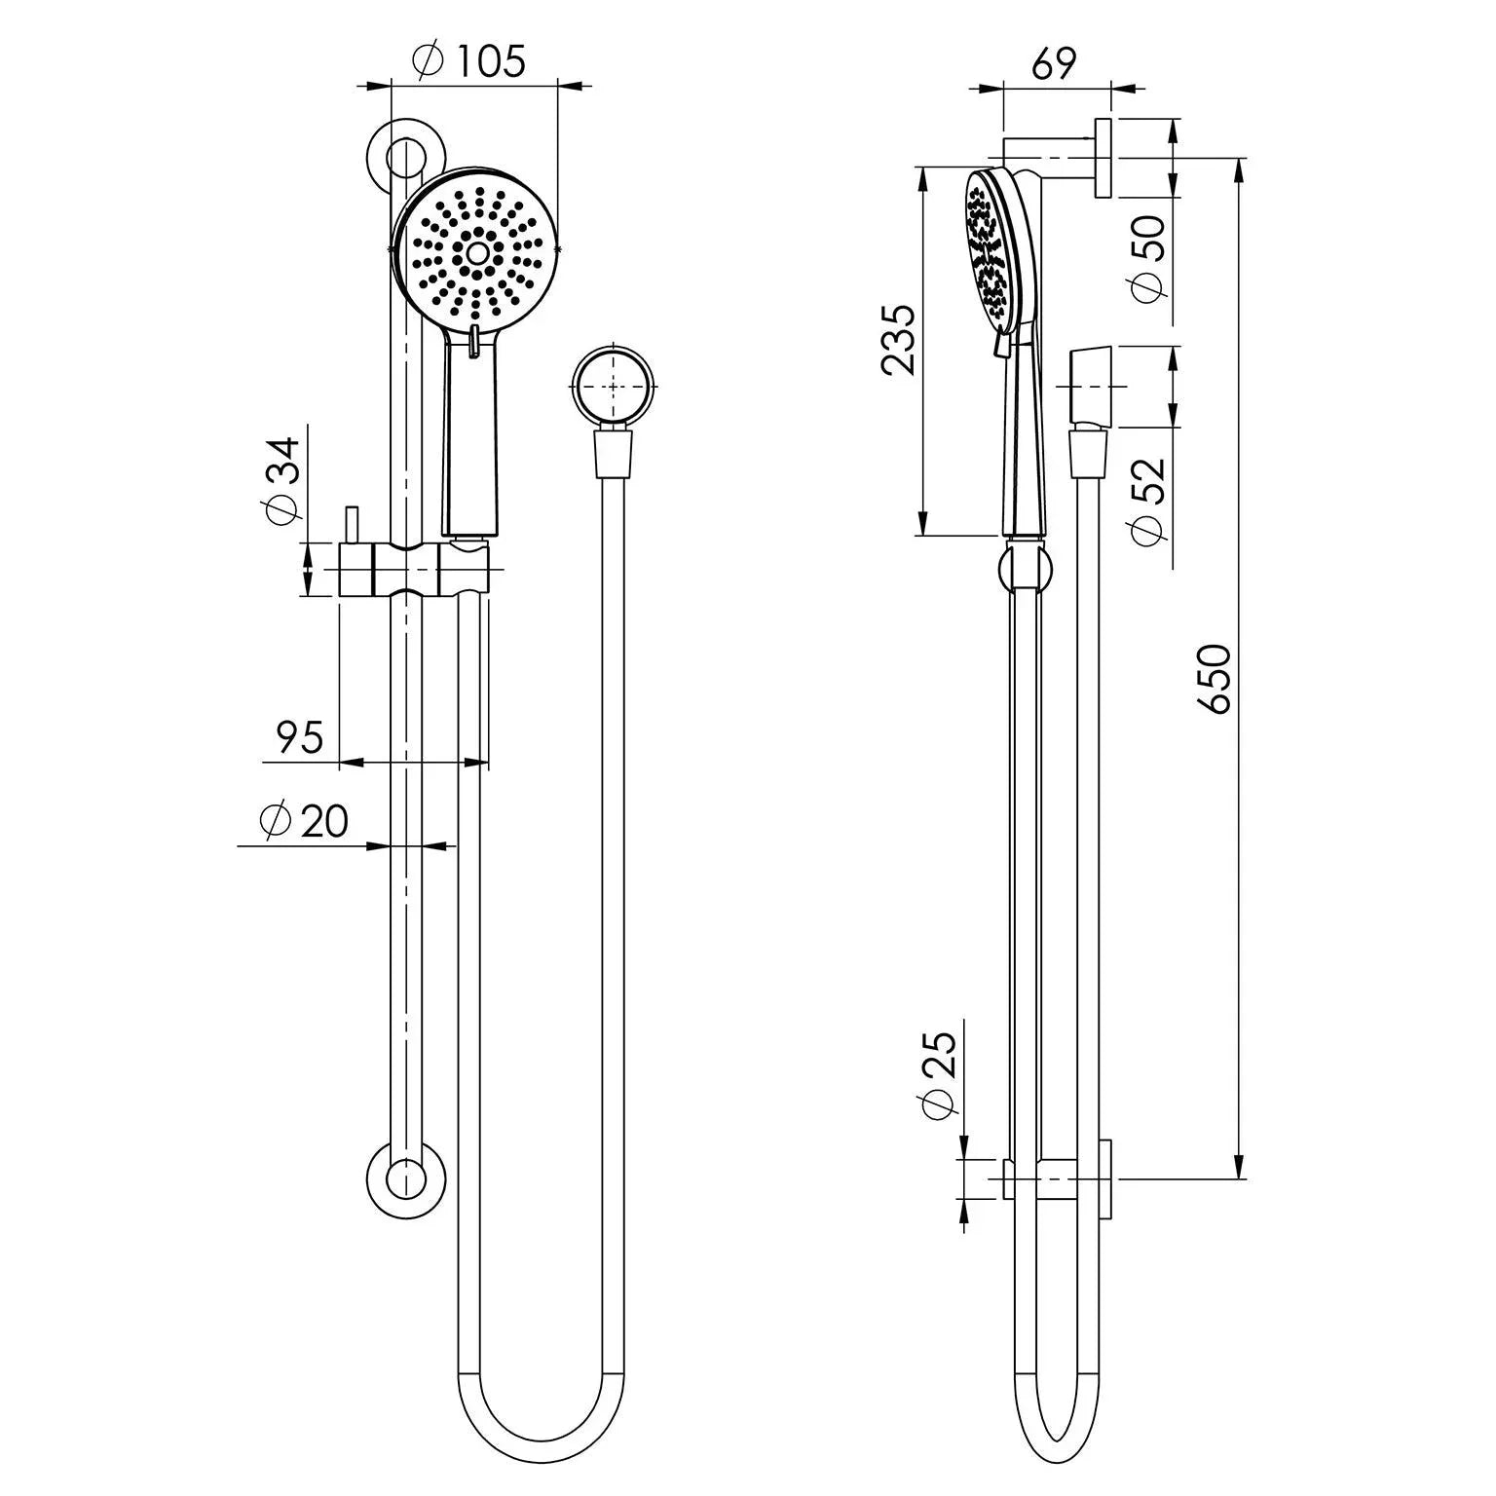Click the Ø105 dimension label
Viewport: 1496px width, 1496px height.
[x=468, y=62]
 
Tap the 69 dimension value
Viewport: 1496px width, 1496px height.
[x=1054, y=64]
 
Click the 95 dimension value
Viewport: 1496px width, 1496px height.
[x=299, y=737]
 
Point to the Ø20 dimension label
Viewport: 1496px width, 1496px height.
[x=304, y=821]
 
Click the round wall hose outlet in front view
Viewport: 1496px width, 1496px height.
[x=613, y=386]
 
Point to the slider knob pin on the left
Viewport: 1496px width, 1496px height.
[x=354, y=526]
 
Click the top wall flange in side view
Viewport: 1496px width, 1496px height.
[x=1103, y=159]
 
